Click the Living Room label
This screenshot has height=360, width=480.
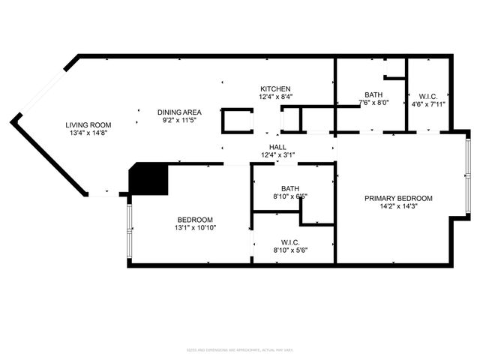pyautogui.click(x=88, y=125)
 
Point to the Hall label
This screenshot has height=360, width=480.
pyautogui.click(x=277, y=147)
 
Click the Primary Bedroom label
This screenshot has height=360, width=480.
pyautogui.click(x=398, y=198)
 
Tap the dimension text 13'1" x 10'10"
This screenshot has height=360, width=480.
pyautogui.click(x=196, y=227)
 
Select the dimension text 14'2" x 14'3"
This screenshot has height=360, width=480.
pyautogui.click(x=398, y=207)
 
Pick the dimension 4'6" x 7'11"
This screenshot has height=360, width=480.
pyautogui.click(x=429, y=104)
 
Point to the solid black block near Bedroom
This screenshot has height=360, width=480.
pyautogui.click(x=149, y=179)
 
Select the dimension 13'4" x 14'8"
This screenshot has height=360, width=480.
pyautogui.click(x=88, y=133)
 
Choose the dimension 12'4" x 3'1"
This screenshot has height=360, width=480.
pyautogui.click(x=277, y=155)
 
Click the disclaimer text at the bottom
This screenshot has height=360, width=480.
pyautogui.click(x=239, y=349)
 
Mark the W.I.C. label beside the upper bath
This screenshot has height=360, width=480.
pyautogui.click(x=429, y=96)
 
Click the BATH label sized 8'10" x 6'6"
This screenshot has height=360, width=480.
pyautogui.click(x=291, y=188)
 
